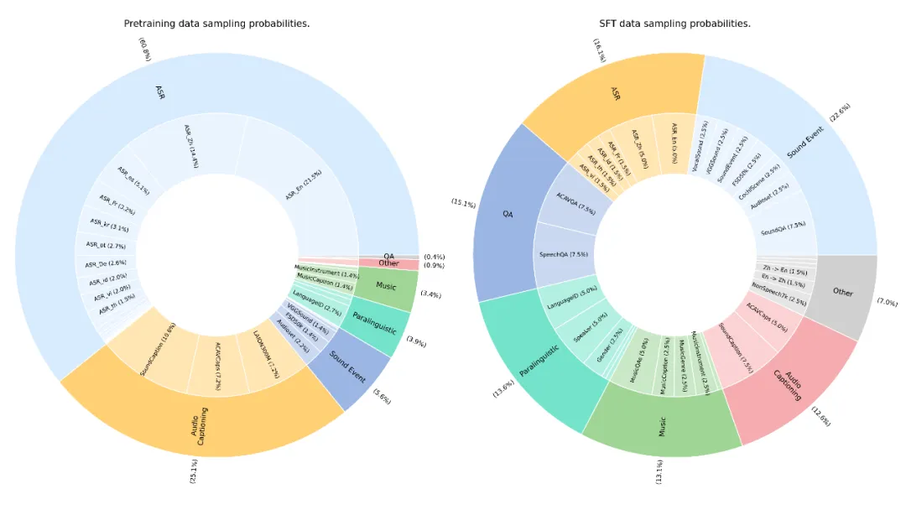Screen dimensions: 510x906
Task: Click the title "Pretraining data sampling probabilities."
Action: (216, 23)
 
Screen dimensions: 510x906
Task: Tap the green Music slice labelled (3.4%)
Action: (385, 287)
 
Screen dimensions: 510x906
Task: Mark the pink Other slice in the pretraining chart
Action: (388, 263)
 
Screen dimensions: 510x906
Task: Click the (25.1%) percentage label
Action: (194, 471)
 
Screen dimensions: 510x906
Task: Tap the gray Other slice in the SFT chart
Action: (843, 293)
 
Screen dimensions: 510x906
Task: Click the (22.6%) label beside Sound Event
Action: (840, 112)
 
